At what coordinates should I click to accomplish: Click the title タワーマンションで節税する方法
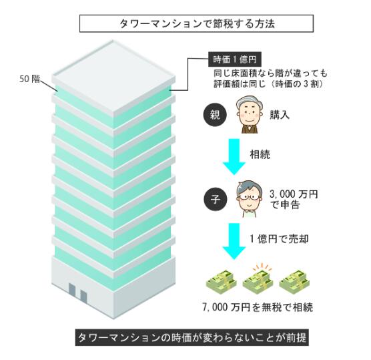tap(197, 23)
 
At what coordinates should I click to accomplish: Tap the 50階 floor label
tap(29, 79)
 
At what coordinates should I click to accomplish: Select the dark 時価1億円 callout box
tap(234, 59)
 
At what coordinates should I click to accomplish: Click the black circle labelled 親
tap(215, 115)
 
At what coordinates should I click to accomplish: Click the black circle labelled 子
tap(216, 199)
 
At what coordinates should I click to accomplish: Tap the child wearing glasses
tap(250, 199)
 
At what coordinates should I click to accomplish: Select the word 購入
tap(280, 115)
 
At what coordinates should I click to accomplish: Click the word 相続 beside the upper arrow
tap(260, 154)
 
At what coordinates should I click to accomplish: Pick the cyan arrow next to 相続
tap(234, 157)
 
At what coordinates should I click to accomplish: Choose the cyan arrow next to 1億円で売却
tap(234, 241)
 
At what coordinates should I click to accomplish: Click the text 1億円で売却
tap(279, 238)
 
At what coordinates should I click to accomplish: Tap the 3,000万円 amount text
tap(294, 194)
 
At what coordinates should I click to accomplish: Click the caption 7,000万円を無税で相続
tap(258, 307)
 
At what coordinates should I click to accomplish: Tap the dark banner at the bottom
tap(192, 337)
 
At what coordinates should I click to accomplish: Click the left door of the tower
tap(72, 291)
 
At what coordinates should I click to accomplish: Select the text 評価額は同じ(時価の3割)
tap(268, 84)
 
